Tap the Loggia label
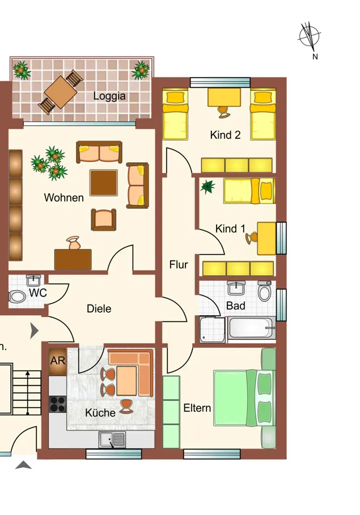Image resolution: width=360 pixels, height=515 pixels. (109, 96)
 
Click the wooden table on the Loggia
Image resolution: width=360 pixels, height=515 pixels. (61, 92)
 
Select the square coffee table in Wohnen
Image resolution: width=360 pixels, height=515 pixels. (104, 183)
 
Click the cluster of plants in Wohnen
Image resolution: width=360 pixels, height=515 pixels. (49, 163)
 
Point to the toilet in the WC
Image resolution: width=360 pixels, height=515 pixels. (17, 297)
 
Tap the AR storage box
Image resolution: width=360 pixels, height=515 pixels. (58, 361)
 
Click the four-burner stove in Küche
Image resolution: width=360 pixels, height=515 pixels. (58, 404)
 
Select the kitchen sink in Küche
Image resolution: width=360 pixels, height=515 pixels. (112, 440)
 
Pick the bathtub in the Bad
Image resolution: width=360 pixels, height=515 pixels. (252, 328)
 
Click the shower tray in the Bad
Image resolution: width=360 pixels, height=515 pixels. (213, 330)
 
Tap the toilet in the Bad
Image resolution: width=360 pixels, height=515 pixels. (265, 291)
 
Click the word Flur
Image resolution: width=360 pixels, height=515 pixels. (179, 264)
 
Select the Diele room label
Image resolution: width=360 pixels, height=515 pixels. (99, 309)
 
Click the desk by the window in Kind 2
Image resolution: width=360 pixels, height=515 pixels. (224, 97)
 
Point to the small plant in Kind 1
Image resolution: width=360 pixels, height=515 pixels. (207, 187)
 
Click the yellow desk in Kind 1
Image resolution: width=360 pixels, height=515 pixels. (266, 238)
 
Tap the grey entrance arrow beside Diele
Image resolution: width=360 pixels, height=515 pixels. (34, 331)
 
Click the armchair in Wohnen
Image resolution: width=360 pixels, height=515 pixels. (104, 219)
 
